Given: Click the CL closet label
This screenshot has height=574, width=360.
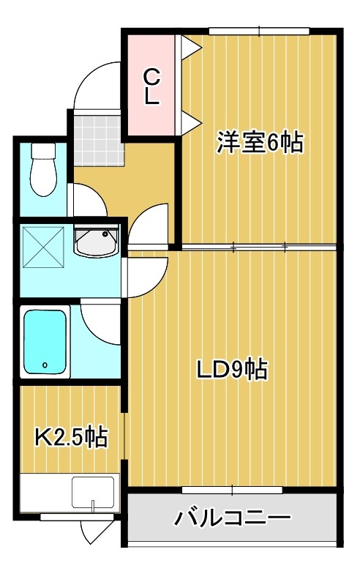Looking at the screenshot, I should click(x=151, y=86).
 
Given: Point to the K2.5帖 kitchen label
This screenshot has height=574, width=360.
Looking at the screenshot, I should click(x=72, y=438).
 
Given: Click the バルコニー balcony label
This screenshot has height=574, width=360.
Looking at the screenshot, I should click(x=232, y=519).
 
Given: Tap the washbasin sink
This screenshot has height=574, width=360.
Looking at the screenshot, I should click(x=96, y=242).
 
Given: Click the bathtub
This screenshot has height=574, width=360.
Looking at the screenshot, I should click(x=45, y=342).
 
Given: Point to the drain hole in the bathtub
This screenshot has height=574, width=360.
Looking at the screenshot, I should click(x=45, y=364).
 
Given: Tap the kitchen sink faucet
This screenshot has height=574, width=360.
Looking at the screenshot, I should click(x=93, y=504).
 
